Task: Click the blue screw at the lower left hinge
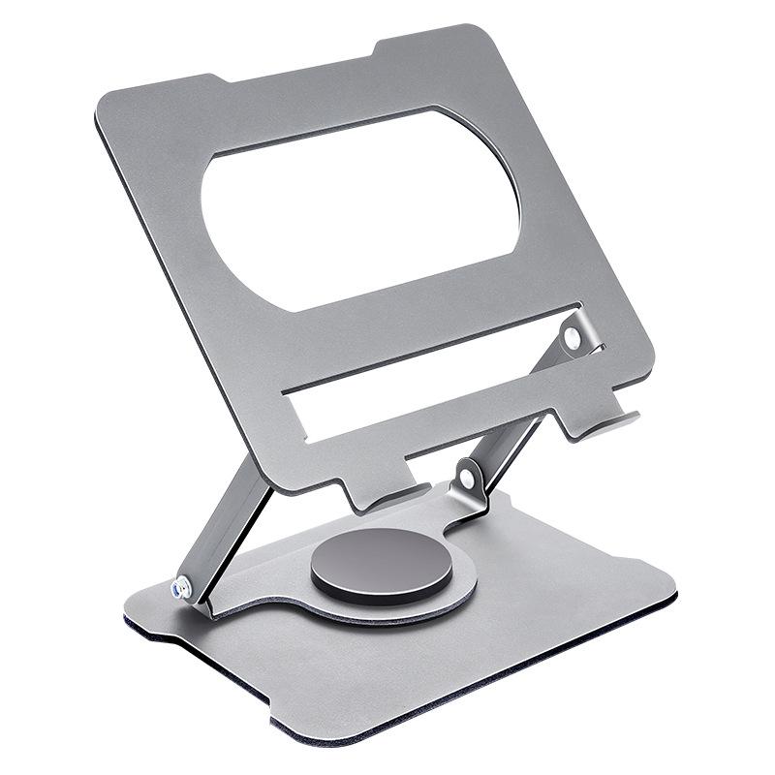pos(181,587)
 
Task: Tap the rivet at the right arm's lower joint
pos(467,479)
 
